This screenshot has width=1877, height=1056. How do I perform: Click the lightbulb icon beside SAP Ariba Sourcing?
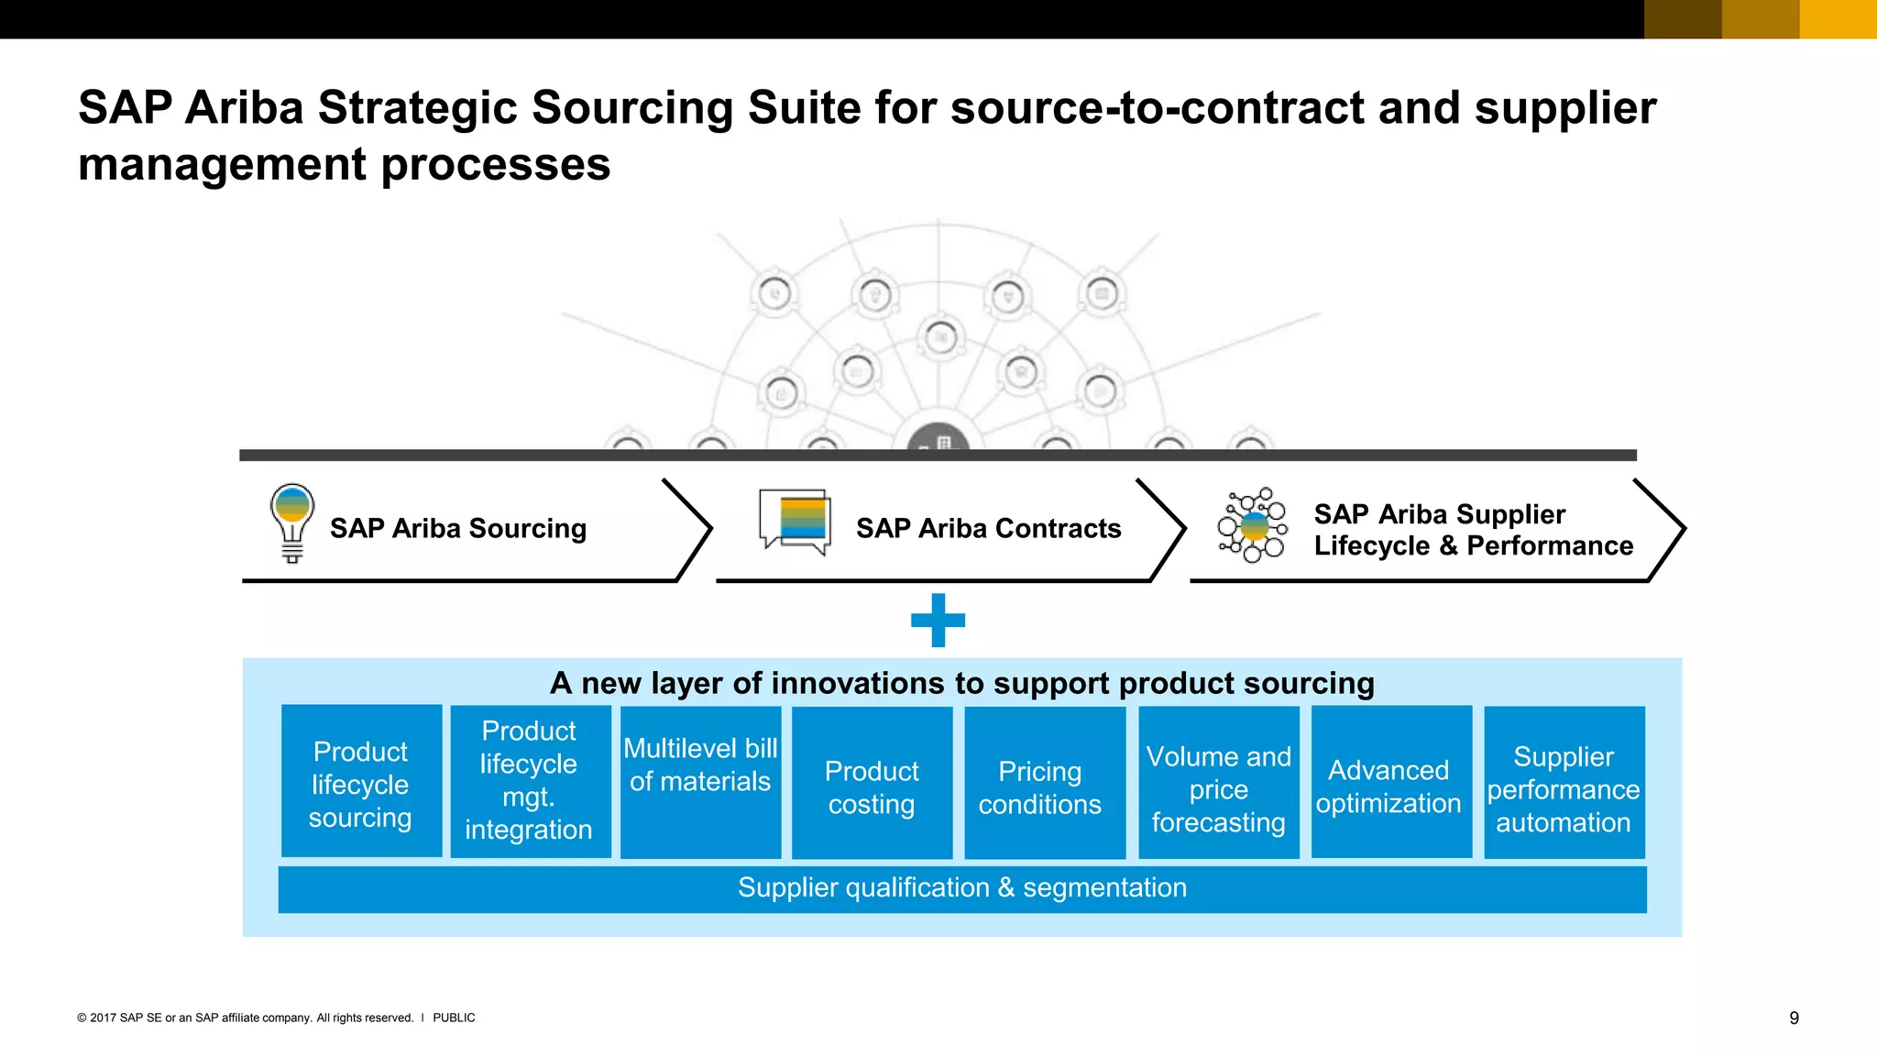tap(292, 523)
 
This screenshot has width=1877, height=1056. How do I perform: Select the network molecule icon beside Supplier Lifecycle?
tap(1252, 525)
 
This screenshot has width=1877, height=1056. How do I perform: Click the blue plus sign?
tap(938, 621)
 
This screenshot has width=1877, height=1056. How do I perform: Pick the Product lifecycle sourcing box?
tap(361, 782)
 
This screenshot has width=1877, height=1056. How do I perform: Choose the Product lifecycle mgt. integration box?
tap(530, 782)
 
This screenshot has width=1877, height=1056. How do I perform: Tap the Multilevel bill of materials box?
tap(700, 782)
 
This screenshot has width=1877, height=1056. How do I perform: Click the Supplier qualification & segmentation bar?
tap(961, 888)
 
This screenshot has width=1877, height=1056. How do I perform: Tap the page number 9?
tap(1794, 1018)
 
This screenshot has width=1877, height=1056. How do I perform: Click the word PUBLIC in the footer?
tap(454, 1017)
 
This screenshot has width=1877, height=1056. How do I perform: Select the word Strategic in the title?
tap(418, 108)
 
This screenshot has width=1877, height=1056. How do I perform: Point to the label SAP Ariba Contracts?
tap(988, 529)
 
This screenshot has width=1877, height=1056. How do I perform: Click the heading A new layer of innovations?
tap(961, 683)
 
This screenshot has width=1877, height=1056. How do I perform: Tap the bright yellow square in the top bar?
tap(1838, 19)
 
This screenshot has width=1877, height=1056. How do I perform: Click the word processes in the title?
tap(495, 166)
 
